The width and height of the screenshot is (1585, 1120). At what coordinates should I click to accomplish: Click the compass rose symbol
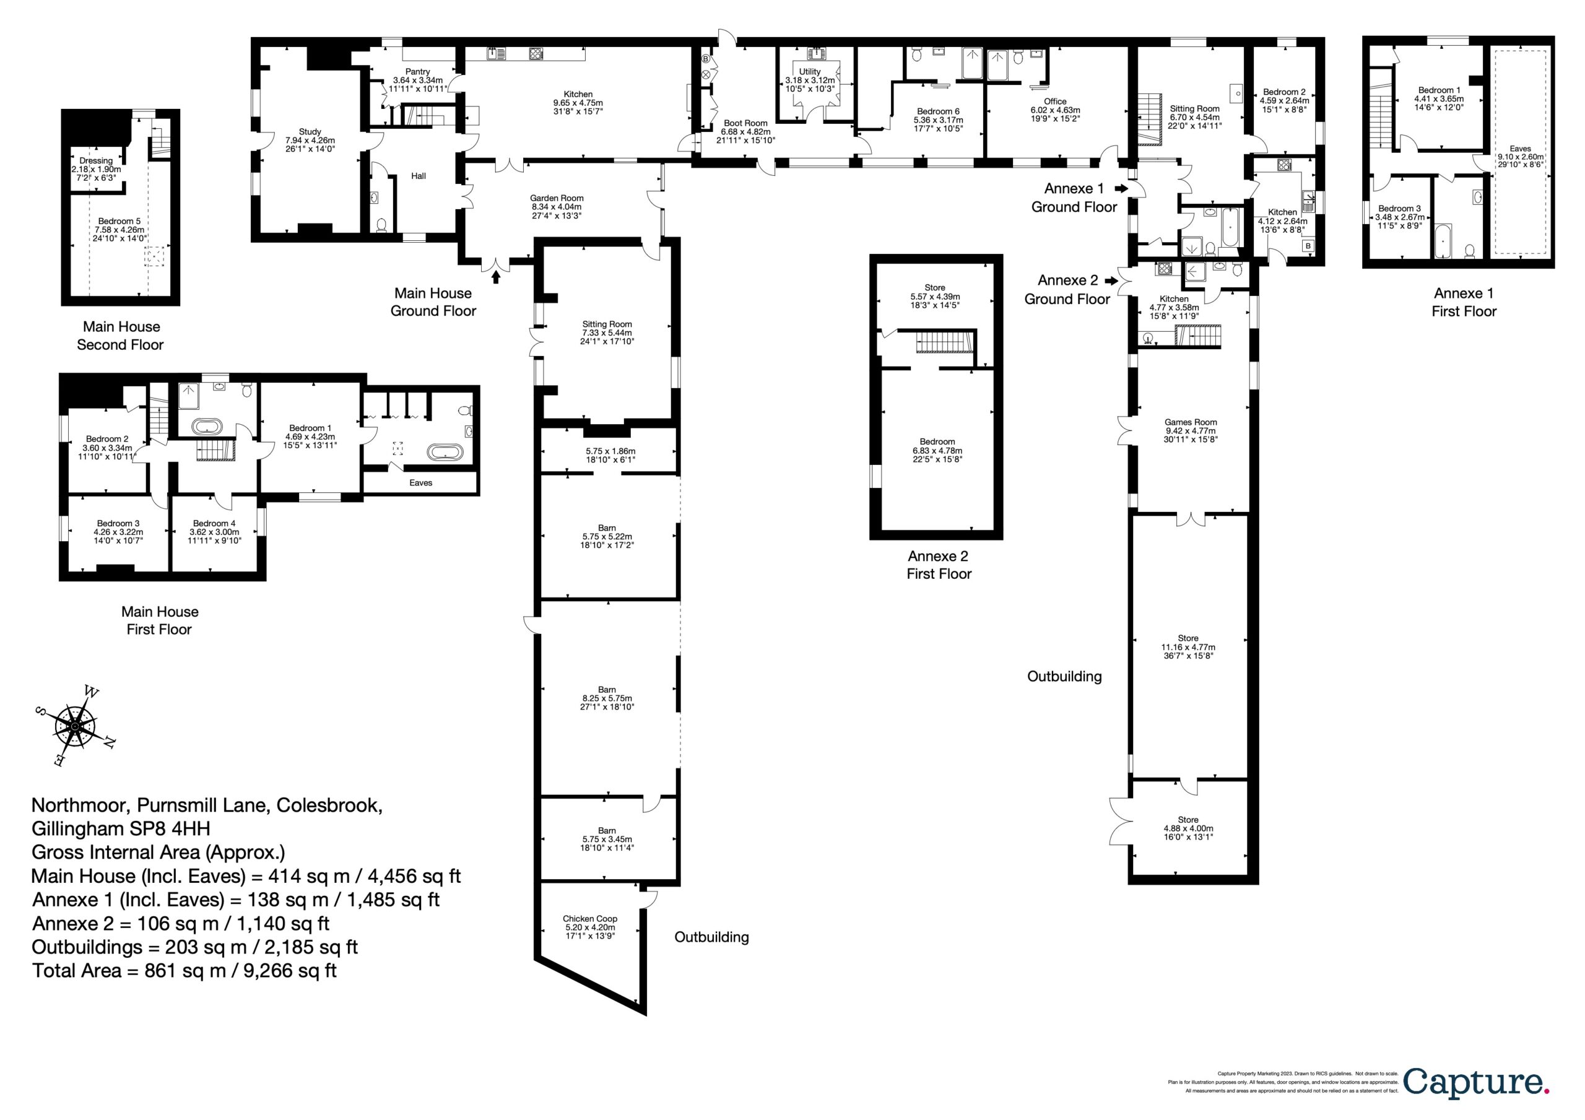[76, 726]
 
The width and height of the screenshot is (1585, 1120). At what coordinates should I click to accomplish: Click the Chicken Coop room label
[589, 918]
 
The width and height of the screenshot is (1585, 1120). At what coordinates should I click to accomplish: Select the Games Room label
[1191, 422]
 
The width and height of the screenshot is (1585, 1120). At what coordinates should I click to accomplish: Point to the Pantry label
[418, 72]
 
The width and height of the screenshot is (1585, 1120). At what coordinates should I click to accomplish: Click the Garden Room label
[557, 198]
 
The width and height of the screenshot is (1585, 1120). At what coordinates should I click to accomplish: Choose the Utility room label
[810, 72]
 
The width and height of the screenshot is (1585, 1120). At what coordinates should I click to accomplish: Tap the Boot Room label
[745, 123]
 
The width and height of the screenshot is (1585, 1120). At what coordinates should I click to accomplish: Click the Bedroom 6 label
[938, 111]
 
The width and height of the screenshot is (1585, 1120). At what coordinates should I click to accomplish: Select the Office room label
[1055, 102]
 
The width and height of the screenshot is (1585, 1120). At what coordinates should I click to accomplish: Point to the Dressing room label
[96, 161]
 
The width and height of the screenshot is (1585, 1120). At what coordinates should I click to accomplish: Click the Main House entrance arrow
[496, 277]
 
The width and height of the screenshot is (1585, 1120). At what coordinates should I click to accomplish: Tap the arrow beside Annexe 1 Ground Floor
[1121, 188]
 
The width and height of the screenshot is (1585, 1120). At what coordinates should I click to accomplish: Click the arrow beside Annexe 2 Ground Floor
[1111, 281]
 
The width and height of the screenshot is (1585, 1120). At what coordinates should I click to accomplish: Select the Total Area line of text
[185, 970]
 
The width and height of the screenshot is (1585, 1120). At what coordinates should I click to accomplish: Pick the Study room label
[310, 131]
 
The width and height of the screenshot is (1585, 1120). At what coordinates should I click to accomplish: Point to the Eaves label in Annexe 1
[1520, 149]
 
